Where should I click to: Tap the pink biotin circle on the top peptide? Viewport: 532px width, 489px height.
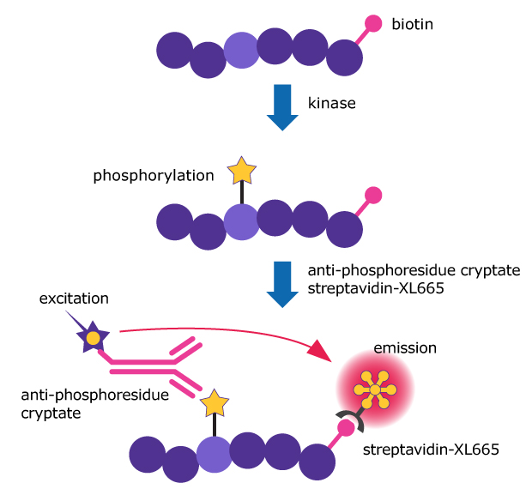(374, 23)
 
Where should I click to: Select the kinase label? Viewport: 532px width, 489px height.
(332, 103)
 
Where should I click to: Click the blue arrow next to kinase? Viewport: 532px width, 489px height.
(281, 106)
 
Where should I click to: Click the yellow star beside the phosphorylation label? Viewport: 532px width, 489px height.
(241, 172)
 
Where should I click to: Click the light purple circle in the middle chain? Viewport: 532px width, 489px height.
(241, 220)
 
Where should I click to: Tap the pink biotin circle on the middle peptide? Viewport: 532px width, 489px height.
(373, 194)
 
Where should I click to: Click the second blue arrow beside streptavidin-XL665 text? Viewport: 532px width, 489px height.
(281, 283)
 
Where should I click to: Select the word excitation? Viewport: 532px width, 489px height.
(75, 299)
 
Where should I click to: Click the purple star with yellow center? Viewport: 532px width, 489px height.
(91, 339)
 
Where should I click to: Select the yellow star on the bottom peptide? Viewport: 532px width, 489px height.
(214, 401)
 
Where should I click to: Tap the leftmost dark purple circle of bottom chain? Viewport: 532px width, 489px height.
(146, 454)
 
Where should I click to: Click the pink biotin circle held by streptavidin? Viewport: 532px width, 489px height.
(346, 427)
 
